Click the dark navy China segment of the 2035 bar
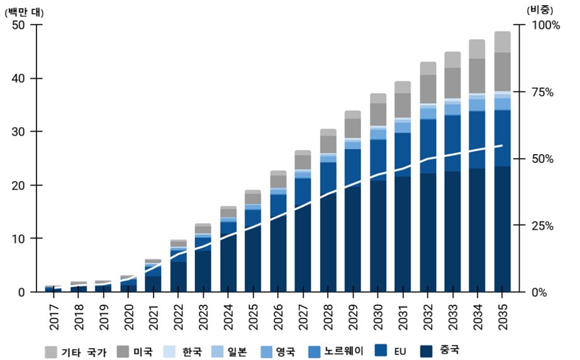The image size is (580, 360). point(503,233)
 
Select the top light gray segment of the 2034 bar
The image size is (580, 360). point(477,49)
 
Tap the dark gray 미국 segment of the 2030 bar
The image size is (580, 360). point(378,114)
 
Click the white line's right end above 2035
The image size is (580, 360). point(502,145)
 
